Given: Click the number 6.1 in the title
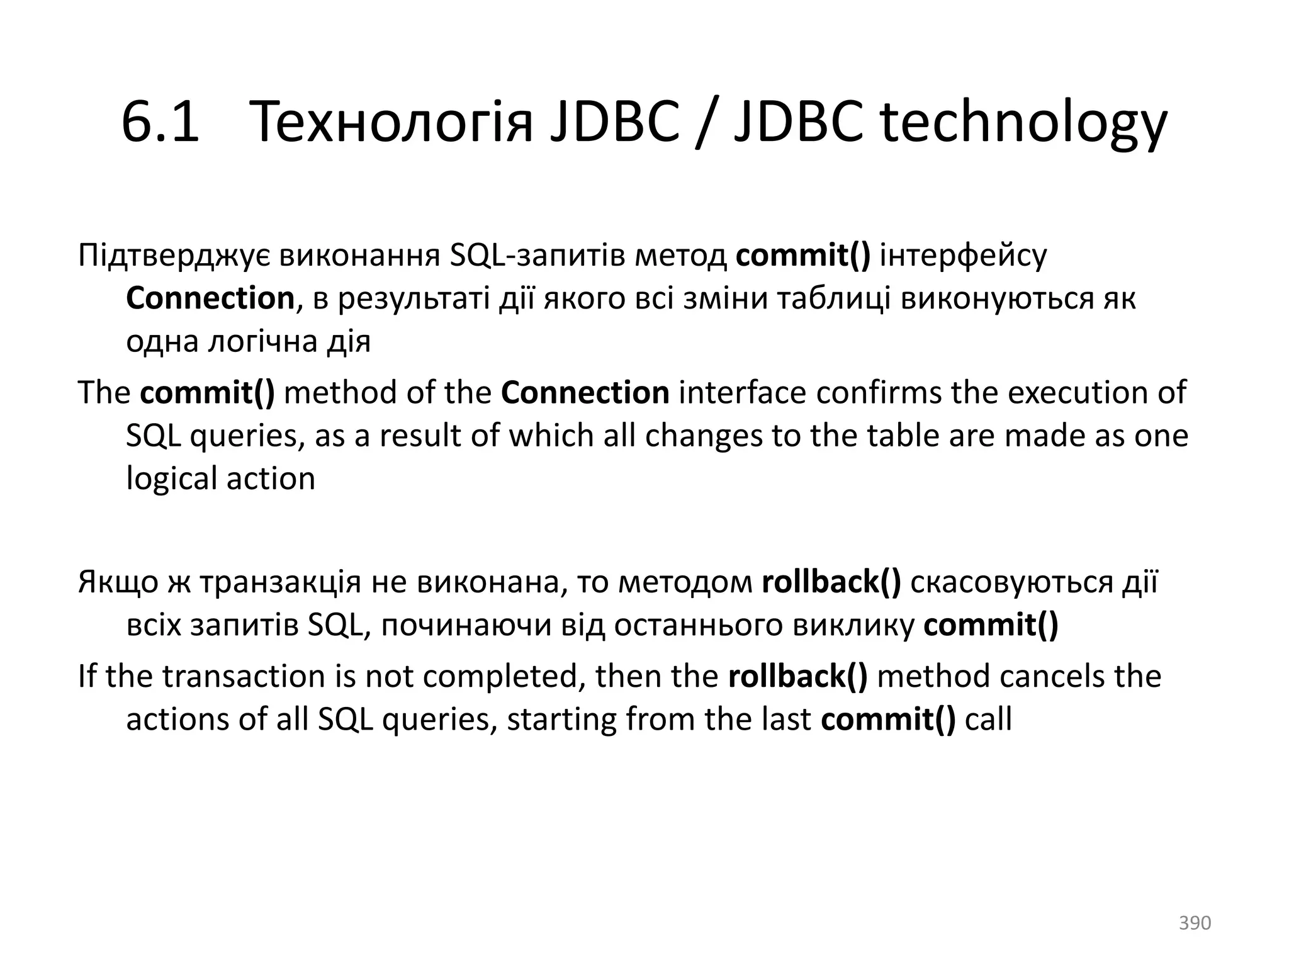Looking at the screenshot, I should (160, 122).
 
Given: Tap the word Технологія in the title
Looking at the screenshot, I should (391, 122).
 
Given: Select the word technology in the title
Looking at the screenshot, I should (1023, 122).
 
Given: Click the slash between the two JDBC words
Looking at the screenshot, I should (707, 122).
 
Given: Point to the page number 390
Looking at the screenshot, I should (1195, 923).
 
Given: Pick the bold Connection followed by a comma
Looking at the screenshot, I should (210, 298).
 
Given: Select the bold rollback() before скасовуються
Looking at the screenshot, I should (831, 582).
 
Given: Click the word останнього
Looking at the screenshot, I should (699, 625).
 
